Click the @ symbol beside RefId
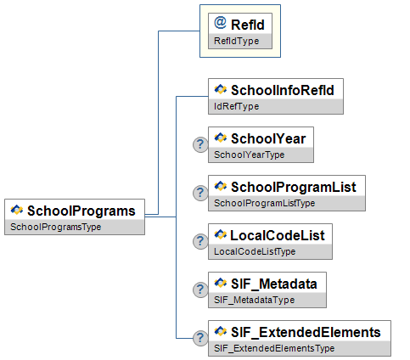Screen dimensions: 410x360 pyautogui.click(x=220, y=23)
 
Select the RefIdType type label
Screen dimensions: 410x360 pyautogui.click(x=237, y=41)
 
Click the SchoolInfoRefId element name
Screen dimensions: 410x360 pyautogui.click(x=283, y=90)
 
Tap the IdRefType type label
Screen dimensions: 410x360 pyautogui.click(x=237, y=106)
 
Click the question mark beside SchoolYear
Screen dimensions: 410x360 pyautogui.click(x=200, y=144)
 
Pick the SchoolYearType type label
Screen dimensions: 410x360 pyautogui.click(x=250, y=155)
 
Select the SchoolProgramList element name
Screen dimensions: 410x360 pyautogui.click(x=294, y=187)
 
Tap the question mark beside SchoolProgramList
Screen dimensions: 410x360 pyautogui.click(x=200, y=193)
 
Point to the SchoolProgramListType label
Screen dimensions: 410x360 pyautogui.click(x=265, y=203)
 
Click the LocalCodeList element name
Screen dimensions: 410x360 pyautogui.click(x=278, y=235)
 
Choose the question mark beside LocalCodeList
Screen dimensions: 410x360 pyautogui.click(x=200, y=241)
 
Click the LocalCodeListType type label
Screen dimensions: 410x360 pyautogui.click(x=255, y=251)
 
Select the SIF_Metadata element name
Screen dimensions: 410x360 pyautogui.click(x=274, y=284)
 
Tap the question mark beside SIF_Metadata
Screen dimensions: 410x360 pyautogui.click(x=200, y=290)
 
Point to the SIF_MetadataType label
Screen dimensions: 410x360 pyautogui.click(x=255, y=300)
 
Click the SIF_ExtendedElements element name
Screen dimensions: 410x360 pyautogui.click(x=306, y=333)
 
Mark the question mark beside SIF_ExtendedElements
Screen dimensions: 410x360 pyautogui.click(x=200, y=338)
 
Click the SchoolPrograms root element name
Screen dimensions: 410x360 pyautogui.click(x=81, y=211)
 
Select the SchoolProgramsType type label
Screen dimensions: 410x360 pyautogui.click(x=56, y=227)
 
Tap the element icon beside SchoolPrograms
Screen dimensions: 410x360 pyautogui.click(x=17, y=210)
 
